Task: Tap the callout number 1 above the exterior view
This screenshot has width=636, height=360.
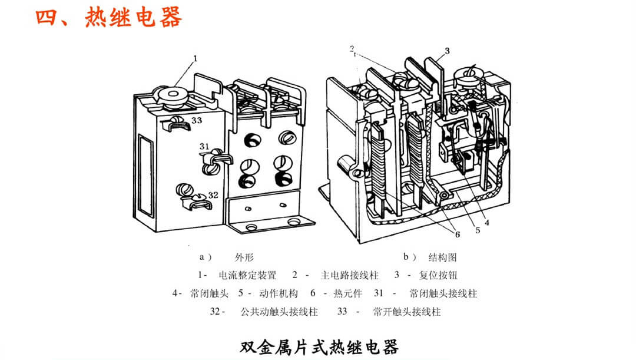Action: [x=195, y=58]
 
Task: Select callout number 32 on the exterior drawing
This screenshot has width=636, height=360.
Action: [x=213, y=195]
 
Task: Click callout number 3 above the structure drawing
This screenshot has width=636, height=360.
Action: [x=447, y=51]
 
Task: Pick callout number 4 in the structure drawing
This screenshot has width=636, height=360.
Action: [x=487, y=222]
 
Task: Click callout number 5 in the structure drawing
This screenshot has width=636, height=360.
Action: [x=478, y=230]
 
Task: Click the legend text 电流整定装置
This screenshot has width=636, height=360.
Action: [x=247, y=275]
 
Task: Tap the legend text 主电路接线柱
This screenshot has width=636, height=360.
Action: [x=349, y=275]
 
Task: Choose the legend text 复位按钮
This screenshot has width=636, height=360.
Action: [x=438, y=275]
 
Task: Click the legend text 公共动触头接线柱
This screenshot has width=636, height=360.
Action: [x=279, y=312]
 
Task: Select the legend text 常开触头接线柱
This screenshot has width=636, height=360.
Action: [x=407, y=312]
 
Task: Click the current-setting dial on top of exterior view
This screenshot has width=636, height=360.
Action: [x=175, y=94]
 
